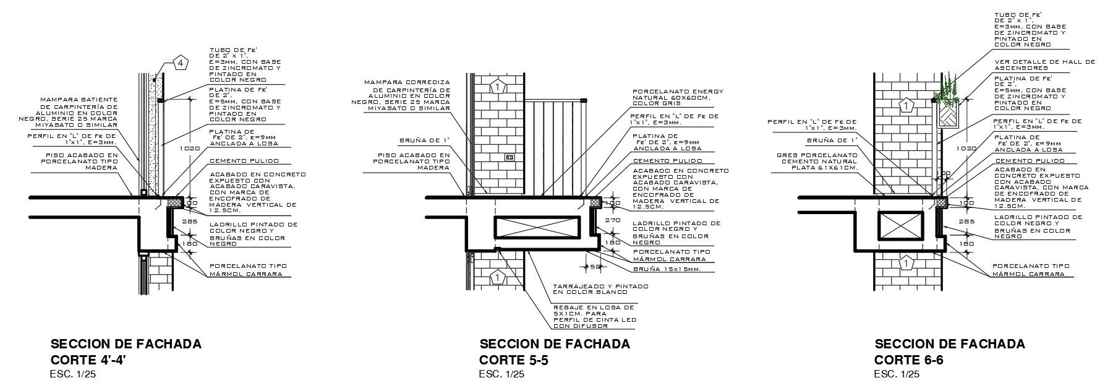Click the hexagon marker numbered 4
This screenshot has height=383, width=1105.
(x=180, y=62)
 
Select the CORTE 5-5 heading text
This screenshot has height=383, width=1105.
(x=514, y=360)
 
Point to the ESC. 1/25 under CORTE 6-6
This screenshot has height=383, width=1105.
(x=897, y=374)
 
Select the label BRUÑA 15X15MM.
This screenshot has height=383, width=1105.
(x=667, y=269)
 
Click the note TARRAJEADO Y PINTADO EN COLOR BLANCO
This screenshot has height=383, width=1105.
(x=600, y=289)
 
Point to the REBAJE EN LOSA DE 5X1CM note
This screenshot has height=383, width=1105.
(x=594, y=316)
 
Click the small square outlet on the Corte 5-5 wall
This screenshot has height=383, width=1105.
(x=510, y=157)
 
